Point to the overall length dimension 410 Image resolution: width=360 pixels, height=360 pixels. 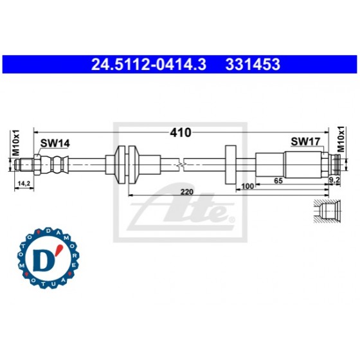tap(180, 133)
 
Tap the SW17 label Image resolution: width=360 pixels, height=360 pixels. tap(302, 141)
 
